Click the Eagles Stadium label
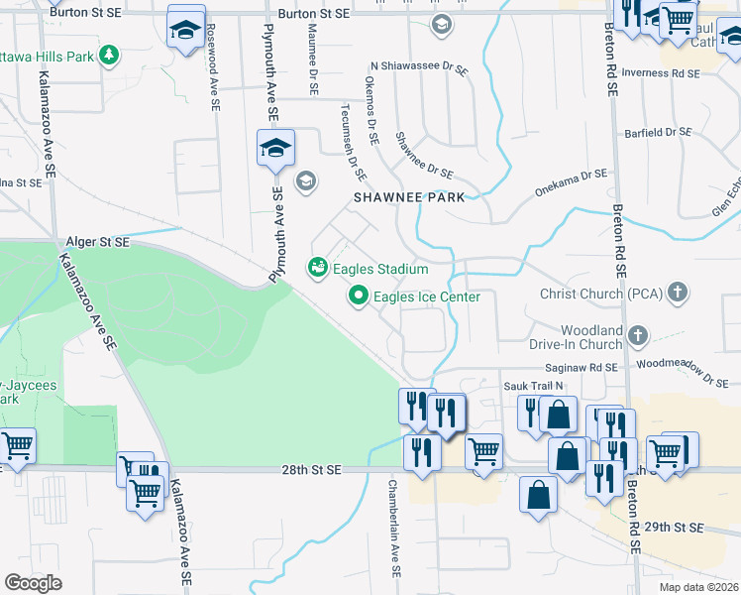380,269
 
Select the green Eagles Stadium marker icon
317,268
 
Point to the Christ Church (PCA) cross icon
678,293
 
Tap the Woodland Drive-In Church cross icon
638,336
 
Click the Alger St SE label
98,242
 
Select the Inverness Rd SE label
665,73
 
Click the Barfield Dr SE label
658,131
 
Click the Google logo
33,583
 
